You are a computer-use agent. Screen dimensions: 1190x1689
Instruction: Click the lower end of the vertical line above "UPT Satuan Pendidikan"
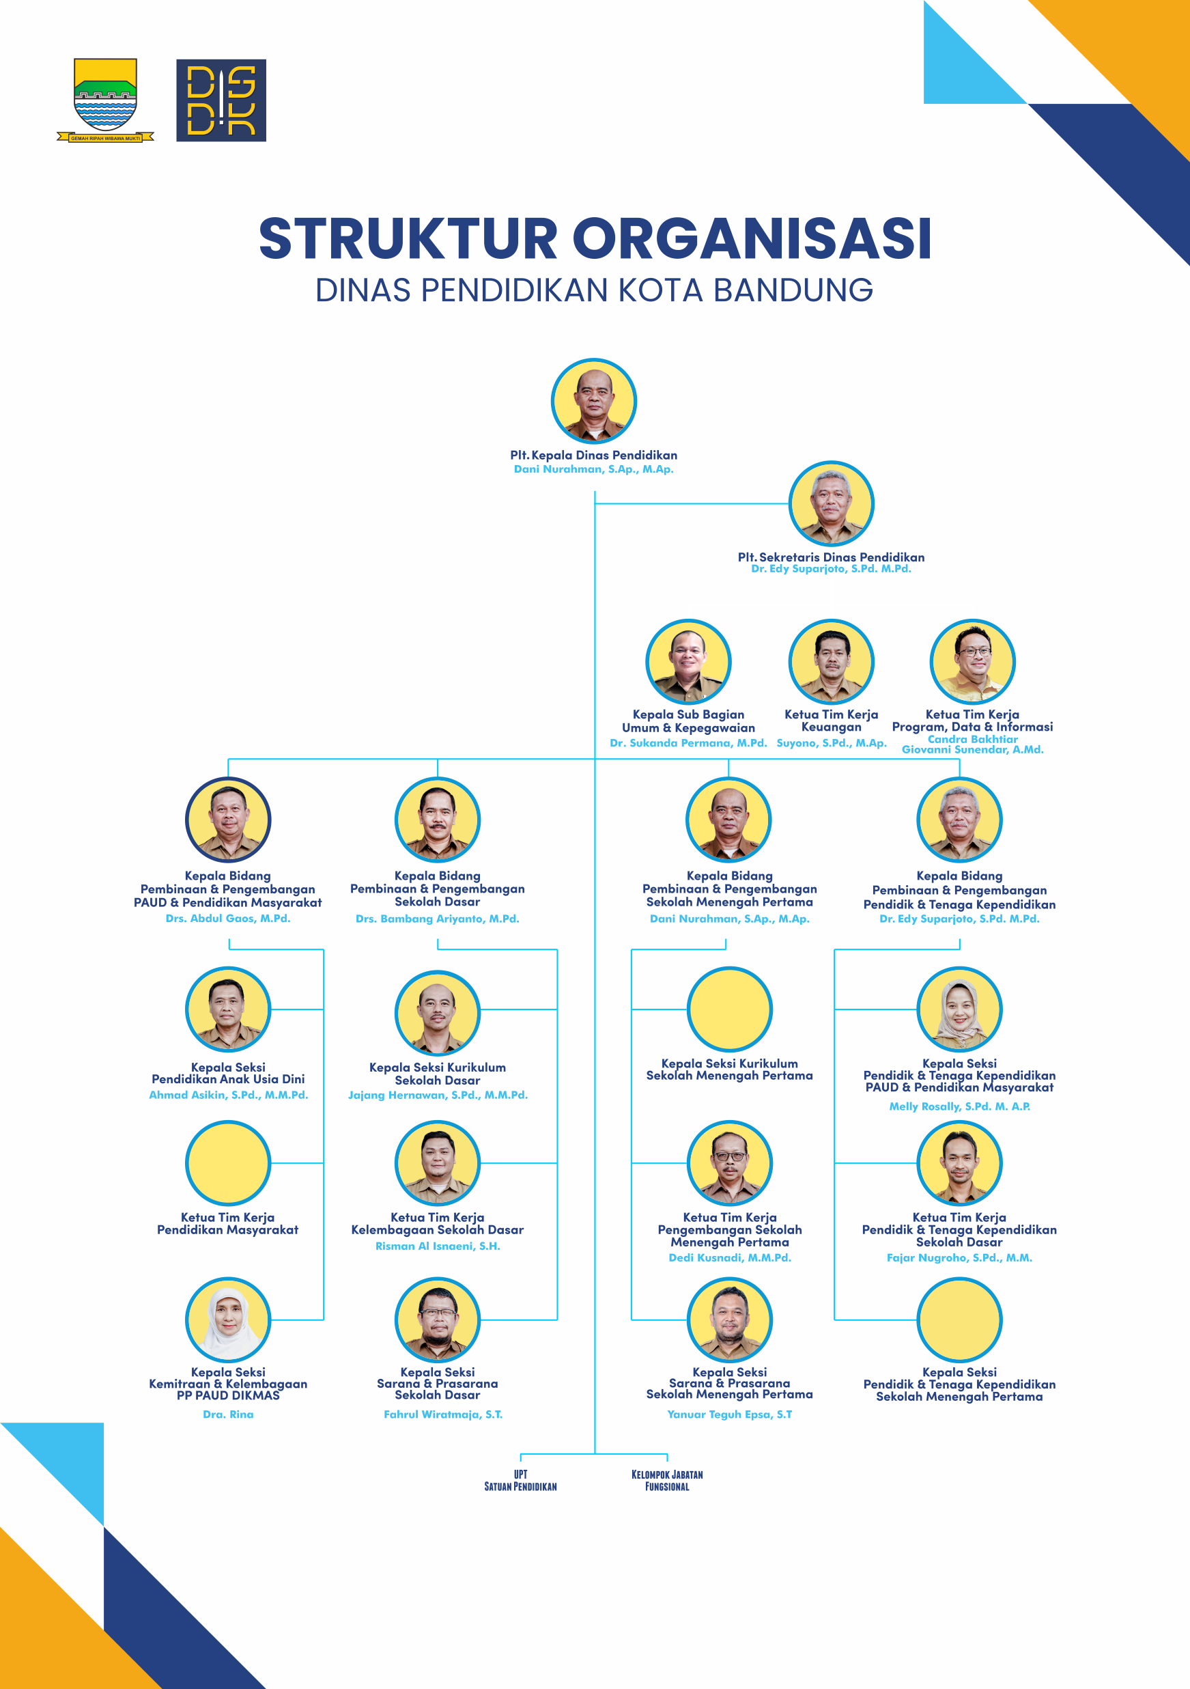click(521, 1462)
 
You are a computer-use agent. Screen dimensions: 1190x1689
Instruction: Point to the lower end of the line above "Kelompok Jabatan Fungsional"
click(667, 1462)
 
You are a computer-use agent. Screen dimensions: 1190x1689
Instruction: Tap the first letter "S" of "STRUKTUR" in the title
click(277, 238)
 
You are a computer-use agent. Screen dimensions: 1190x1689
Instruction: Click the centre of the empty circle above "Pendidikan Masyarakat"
click(228, 1163)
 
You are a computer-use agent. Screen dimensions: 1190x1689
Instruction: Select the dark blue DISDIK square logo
click(221, 100)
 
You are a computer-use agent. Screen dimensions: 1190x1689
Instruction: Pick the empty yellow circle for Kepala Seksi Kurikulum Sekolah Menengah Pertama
click(730, 1009)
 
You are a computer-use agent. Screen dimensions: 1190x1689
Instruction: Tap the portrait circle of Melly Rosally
click(959, 1009)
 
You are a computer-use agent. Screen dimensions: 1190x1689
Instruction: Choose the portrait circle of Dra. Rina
click(228, 1320)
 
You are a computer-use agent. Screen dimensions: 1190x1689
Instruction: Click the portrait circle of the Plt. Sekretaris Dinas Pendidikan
click(831, 504)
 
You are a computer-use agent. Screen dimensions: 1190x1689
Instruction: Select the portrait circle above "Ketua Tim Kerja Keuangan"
click(831, 661)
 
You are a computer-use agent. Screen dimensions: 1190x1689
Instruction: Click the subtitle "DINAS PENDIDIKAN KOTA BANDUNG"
click(594, 290)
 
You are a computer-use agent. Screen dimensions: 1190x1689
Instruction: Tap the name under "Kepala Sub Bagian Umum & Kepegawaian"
click(688, 743)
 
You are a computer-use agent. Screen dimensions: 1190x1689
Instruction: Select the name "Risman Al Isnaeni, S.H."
click(438, 1246)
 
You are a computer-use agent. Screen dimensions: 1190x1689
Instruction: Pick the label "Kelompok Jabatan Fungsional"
click(667, 1480)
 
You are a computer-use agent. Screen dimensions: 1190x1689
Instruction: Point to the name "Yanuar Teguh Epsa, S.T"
click(730, 1414)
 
